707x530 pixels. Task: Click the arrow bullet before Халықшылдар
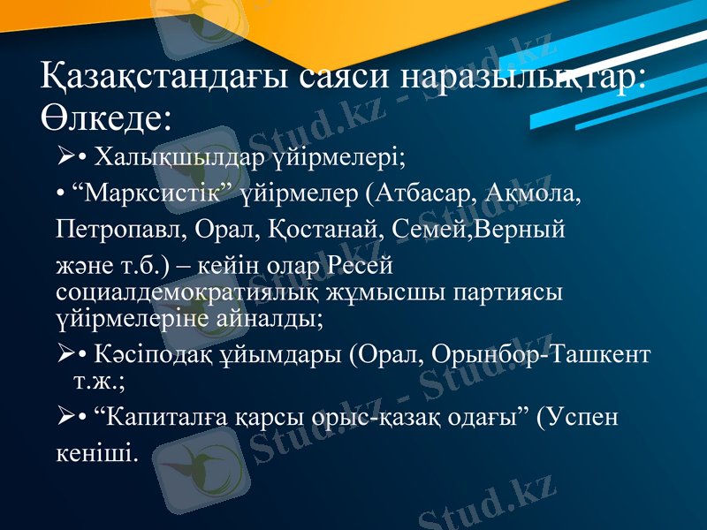[64, 158]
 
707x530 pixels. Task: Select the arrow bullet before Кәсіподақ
[64, 355]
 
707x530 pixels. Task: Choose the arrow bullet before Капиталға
[64, 416]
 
